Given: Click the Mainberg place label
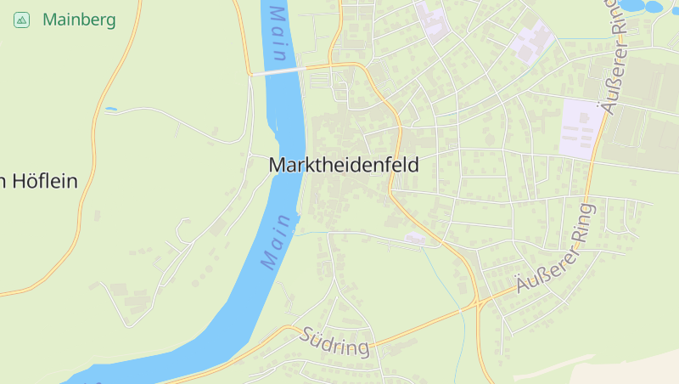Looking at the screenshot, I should [79, 19].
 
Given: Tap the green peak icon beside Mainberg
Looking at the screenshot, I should [21, 20].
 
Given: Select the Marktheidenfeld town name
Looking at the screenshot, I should [343, 165].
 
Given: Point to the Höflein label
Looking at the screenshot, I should [42, 180].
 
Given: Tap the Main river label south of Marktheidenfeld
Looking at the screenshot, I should [277, 242].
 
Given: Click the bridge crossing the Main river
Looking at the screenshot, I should [277, 72].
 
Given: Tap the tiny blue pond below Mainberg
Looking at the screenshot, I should [111, 110].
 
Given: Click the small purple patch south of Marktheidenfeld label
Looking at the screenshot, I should [414, 237].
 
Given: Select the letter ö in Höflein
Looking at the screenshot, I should [25, 180].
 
